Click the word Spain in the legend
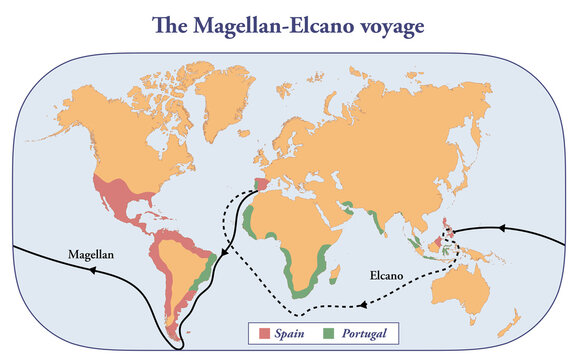pos(292,331)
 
